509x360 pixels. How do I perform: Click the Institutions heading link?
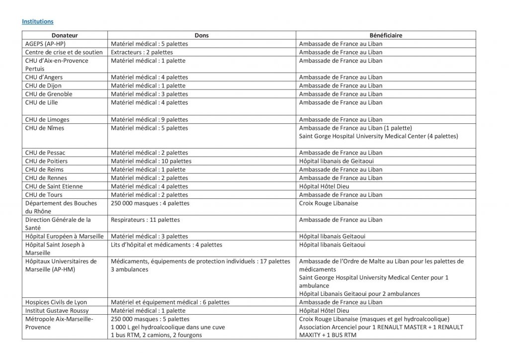pos(37,22)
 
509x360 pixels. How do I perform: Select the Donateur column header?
pos(64,36)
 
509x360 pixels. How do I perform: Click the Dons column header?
pos(202,36)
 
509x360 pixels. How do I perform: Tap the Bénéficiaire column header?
pos(386,36)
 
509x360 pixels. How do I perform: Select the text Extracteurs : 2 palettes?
pos(142,52)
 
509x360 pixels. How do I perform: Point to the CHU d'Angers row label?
pos(44,77)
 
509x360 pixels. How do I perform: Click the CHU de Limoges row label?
pos(47,119)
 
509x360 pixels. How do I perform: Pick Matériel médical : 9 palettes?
pos(150,119)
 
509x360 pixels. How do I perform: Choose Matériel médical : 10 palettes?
pos(151,161)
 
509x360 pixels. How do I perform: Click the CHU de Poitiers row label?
pos(46,161)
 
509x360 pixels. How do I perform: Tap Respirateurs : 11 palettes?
pos(146,219)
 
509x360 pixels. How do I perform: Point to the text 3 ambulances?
pos(130,269)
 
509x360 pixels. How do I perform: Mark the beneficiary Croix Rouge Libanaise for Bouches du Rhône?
pos(329,203)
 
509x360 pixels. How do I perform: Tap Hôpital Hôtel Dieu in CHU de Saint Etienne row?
pos(324,186)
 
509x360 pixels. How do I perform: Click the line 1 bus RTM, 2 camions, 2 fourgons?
pos(157,335)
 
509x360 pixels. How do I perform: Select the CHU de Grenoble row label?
pos(49,94)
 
